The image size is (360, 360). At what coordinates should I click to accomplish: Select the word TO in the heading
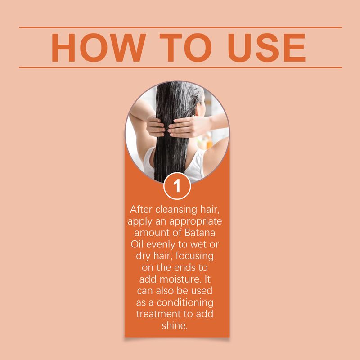(185, 48)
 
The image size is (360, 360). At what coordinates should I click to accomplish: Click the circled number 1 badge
(177, 186)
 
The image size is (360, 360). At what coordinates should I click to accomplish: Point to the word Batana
(200, 233)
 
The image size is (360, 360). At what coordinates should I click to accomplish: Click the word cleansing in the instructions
(176, 210)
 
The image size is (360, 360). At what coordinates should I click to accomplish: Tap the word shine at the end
(175, 325)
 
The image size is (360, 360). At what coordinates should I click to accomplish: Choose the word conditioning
(185, 303)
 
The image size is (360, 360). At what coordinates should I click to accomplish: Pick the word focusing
(195, 256)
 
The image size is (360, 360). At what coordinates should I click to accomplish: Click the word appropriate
(196, 222)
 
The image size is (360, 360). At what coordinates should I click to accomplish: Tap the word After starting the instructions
(141, 210)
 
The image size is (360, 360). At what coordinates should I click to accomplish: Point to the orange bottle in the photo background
(209, 142)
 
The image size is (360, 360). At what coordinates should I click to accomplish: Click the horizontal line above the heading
(180, 27)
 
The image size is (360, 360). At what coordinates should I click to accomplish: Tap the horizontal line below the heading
(180, 67)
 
